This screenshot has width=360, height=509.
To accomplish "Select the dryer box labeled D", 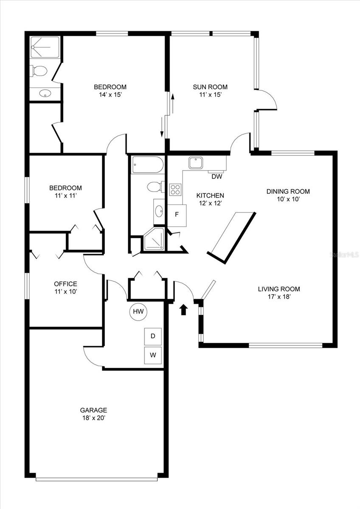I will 153,336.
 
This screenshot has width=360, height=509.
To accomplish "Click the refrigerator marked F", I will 177,213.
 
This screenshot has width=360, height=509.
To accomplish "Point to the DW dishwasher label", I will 217,176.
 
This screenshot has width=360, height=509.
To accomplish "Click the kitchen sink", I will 196,162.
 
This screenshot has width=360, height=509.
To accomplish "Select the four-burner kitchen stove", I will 175,190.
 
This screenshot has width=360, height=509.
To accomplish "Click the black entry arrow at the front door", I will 183,310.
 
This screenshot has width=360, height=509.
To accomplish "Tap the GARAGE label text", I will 93,410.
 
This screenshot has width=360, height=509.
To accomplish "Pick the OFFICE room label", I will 65,284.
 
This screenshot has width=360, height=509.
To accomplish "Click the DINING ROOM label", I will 288,191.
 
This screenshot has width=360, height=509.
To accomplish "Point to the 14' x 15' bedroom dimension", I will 110,95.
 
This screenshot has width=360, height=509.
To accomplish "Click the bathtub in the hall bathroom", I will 147,165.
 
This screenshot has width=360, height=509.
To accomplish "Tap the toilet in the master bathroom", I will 39,71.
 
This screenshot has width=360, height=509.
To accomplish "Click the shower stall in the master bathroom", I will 45,47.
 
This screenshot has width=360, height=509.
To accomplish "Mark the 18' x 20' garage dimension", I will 93,418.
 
